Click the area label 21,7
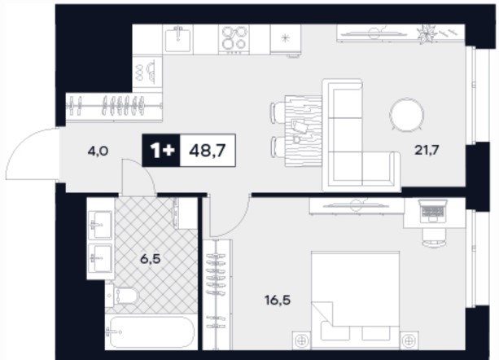427,150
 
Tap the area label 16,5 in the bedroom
278,301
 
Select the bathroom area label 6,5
151,259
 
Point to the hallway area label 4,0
98,151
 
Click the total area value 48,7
208,150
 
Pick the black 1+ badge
161,150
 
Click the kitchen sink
178,38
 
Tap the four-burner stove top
234,39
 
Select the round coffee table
407,114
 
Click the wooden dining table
304,131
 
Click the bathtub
150,332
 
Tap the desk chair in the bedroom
435,238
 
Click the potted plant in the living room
426,33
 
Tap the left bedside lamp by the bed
301,340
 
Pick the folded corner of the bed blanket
322,313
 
